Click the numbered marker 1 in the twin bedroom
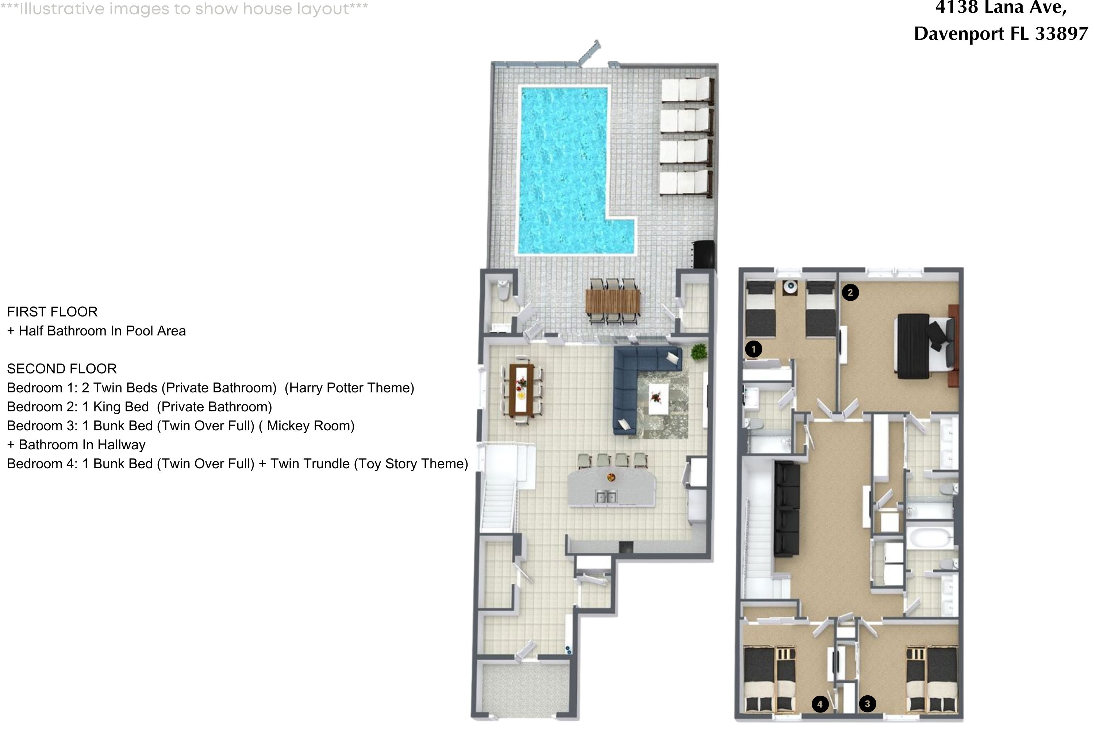[x=753, y=349]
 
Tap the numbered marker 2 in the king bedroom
[x=850, y=292]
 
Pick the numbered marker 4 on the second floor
[x=820, y=704]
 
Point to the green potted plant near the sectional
[x=698, y=351]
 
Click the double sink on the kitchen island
[x=606, y=497]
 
